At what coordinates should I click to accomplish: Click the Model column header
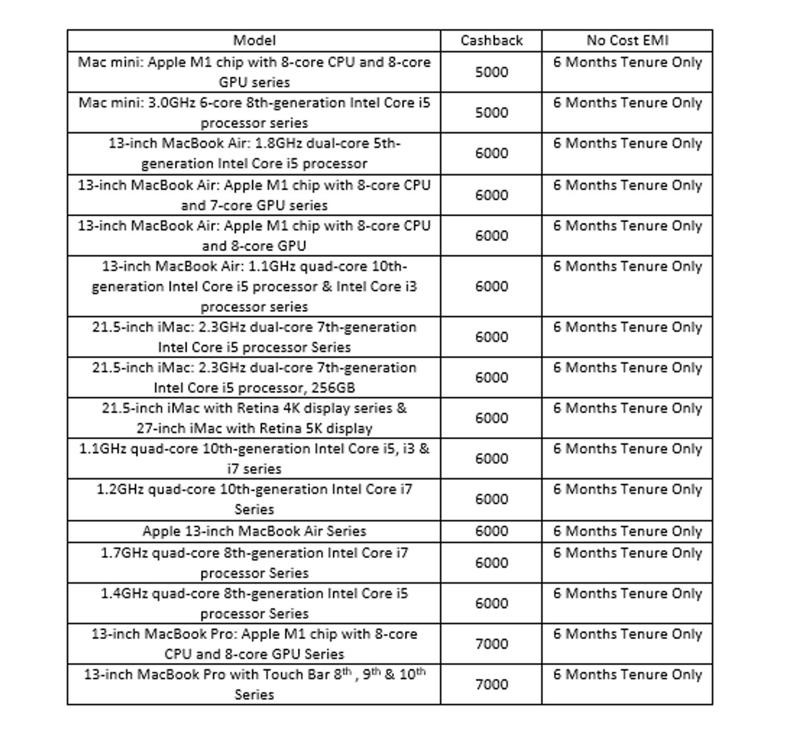click(x=254, y=40)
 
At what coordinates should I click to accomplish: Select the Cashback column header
click(x=491, y=40)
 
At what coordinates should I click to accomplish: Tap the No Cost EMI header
click(x=627, y=40)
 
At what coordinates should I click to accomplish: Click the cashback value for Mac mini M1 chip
click(x=491, y=72)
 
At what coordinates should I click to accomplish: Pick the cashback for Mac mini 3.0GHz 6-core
click(x=491, y=113)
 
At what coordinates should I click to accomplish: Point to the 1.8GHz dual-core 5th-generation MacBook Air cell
click(x=254, y=153)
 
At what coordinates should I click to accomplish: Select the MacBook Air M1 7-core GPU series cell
click(x=254, y=195)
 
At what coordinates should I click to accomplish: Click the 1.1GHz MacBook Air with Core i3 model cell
click(x=254, y=286)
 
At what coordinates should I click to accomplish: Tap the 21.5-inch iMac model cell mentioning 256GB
click(x=254, y=378)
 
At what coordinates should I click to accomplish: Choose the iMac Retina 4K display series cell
click(x=254, y=418)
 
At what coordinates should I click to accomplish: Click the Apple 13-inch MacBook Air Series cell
click(x=254, y=531)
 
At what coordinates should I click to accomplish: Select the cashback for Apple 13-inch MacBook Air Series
click(x=491, y=531)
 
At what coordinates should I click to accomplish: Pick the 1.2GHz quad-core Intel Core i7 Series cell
click(x=254, y=499)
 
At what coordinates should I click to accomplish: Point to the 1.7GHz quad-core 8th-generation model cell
click(x=254, y=562)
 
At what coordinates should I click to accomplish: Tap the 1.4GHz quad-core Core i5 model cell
click(x=254, y=603)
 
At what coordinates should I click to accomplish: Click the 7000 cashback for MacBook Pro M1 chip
click(x=491, y=644)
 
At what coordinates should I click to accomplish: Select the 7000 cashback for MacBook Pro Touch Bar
click(x=491, y=684)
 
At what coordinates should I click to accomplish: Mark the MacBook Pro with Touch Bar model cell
click(x=254, y=684)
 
